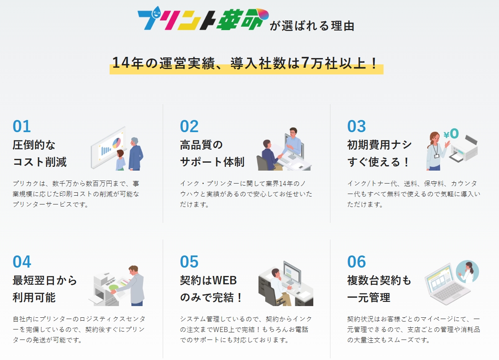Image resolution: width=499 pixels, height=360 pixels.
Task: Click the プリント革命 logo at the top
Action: [x=203, y=19]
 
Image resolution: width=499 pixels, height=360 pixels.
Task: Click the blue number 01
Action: [x=22, y=126]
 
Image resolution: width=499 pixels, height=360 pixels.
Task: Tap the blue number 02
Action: [x=189, y=126]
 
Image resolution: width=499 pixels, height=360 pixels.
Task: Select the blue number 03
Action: [x=356, y=126]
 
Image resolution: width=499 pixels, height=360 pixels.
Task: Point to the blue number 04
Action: [x=22, y=262]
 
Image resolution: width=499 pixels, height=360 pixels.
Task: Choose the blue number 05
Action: [x=189, y=262]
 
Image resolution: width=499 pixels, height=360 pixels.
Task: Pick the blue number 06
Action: [x=356, y=262]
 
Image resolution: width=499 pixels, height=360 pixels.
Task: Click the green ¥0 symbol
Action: [x=451, y=133]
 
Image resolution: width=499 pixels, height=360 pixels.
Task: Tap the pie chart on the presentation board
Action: [x=116, y=143]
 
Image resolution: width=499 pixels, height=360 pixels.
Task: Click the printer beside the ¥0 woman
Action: [x=463, y=149]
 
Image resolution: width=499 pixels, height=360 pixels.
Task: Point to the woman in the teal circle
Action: [x=468, y=272]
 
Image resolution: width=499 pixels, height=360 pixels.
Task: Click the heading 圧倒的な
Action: [x=34, y=145]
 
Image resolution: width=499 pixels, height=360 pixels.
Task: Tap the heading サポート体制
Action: [x=212, y=162]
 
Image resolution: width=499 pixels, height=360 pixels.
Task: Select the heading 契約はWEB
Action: [x=208, y=281]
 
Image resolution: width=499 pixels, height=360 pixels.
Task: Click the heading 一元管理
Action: [x=369, y=298]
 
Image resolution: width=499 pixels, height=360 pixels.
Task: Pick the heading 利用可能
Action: [x=34, y=298]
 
